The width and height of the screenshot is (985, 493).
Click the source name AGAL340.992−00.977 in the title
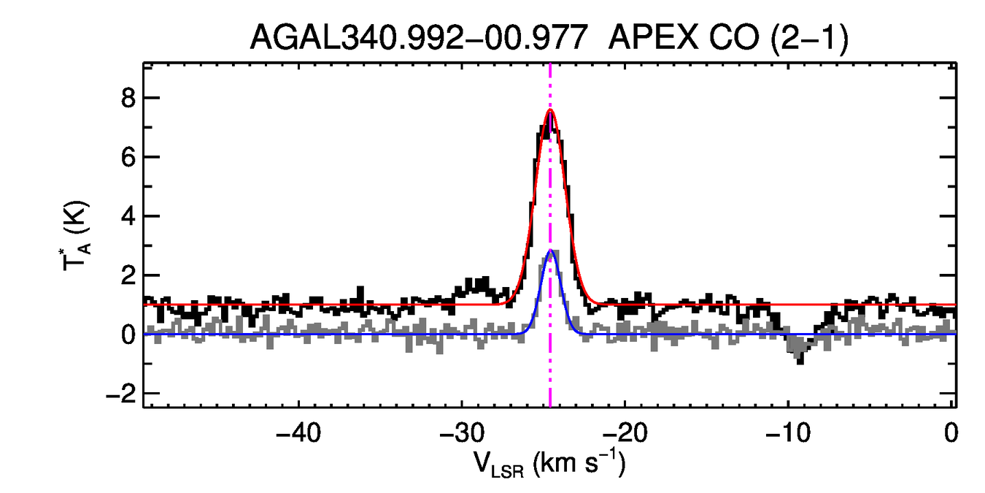click(419, 37)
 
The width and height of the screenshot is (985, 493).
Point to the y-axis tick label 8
click(130, 98)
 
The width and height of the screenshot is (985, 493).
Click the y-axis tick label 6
click(130, 157)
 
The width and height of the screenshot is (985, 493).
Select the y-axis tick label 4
click(130, 216)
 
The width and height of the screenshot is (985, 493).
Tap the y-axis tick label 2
click(130, 275)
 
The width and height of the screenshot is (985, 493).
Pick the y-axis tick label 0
click(130, 335)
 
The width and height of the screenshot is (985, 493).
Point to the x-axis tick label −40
click(299, 433)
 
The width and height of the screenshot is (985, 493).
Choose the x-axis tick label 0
click(951, 433)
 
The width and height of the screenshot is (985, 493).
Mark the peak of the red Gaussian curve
click(550, 110)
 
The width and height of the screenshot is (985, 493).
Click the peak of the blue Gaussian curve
click(551, 251)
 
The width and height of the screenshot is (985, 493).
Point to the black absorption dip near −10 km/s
click(800, 358)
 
